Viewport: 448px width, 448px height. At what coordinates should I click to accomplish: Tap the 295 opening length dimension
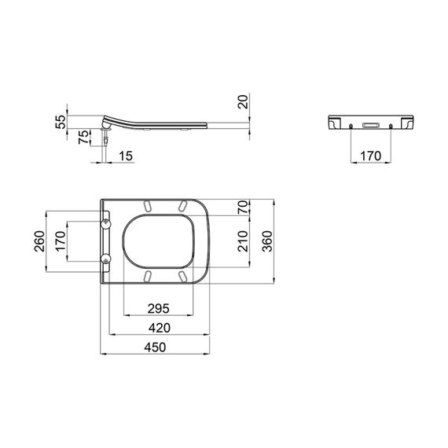(x=158, y=307)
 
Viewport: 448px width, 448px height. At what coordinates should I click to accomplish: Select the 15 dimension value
(x=125, y=156)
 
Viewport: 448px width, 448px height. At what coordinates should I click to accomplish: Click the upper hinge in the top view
(x=106, y=223)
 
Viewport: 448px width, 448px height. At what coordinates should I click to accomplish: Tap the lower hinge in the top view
(x=106, y=259)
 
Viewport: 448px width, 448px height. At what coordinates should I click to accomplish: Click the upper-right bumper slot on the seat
(x=182, y=206)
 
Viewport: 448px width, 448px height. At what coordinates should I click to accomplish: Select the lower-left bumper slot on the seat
(x=147, y=276)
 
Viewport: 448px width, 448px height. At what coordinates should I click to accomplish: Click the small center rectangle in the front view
(x=369, y=125)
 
